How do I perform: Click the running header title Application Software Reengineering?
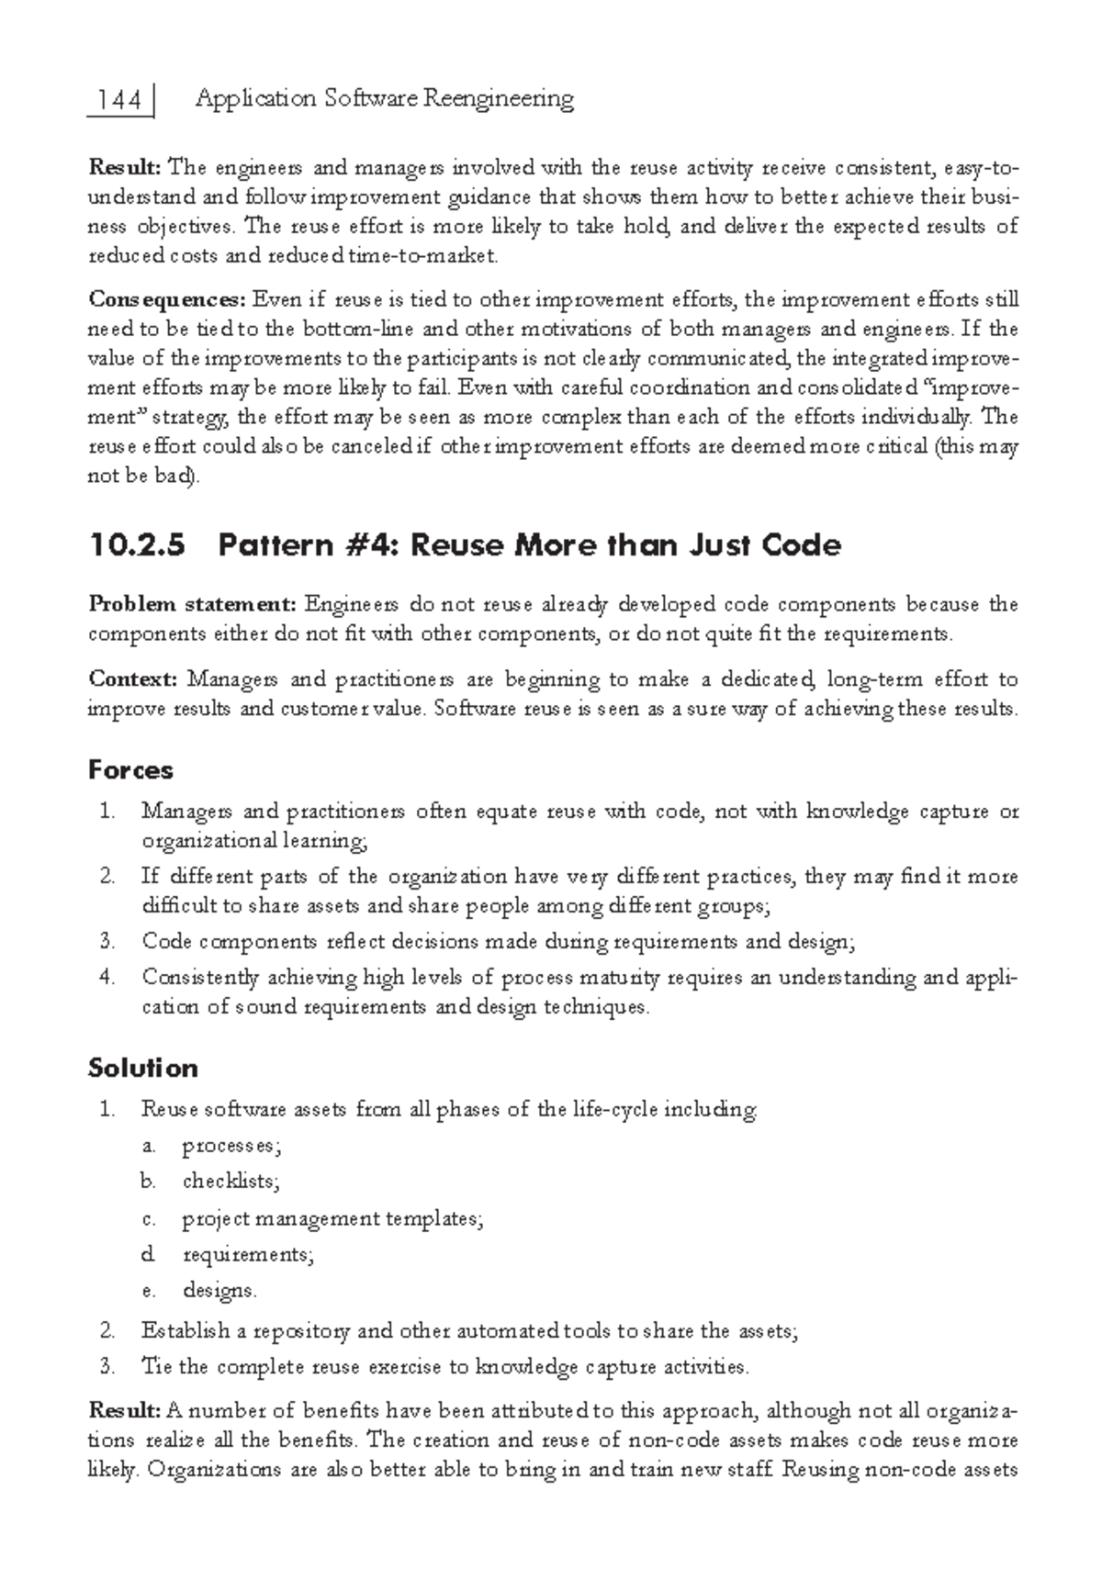pyautogui.click(x=385, y=98)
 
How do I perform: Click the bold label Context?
pyautogui.click(x=133, y=679)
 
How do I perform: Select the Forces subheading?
pyautogui.click(x=130, y=769)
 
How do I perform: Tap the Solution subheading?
pyautogui.click(x=142, y=1068)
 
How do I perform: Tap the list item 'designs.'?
pyautogui.click(x=219, y=1291)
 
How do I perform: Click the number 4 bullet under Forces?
pyautogui.click(x=107, y=978)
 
